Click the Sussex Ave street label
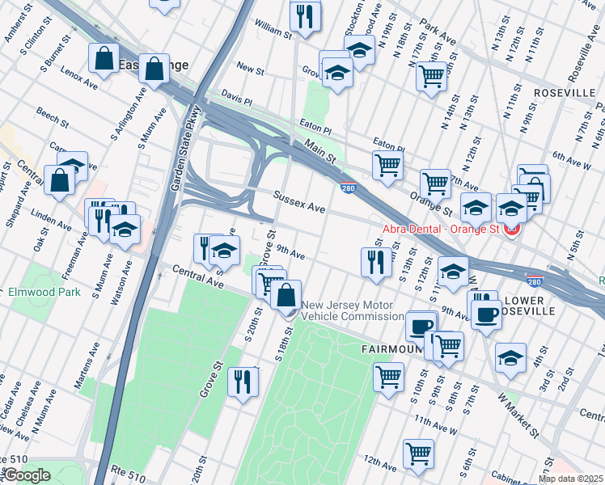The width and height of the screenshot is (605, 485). (298, 202)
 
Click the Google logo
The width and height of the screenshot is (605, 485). (27, 475)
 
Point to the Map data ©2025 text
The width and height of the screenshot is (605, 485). (571, 479)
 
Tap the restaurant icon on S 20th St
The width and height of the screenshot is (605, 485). (242, 382)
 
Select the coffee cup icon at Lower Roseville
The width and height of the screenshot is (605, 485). (485, 313)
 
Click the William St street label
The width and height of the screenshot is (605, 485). (273, 31)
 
